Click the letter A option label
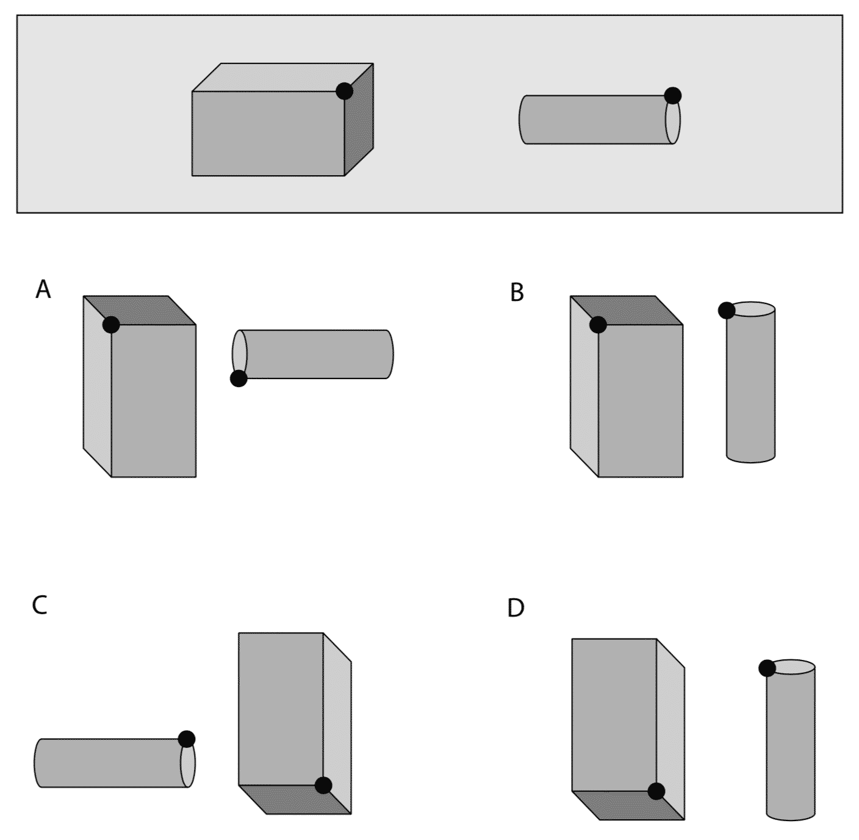point(43,289)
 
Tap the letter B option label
point(517,293)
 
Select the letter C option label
point(40,605)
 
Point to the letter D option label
point(516,609)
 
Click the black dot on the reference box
point(344,92)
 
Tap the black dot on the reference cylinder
point(672,96)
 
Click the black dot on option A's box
point(111,325)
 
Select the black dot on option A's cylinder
point(239,378)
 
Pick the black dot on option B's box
point(598,325)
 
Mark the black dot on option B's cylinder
point(727,311)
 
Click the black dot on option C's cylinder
point(187,739)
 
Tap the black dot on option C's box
point(323,786)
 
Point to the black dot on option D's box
point(656,791)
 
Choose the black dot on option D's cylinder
point(767,668)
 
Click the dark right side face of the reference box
point(359,122)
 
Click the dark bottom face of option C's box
point(299,800)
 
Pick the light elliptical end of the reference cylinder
point(674,122)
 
